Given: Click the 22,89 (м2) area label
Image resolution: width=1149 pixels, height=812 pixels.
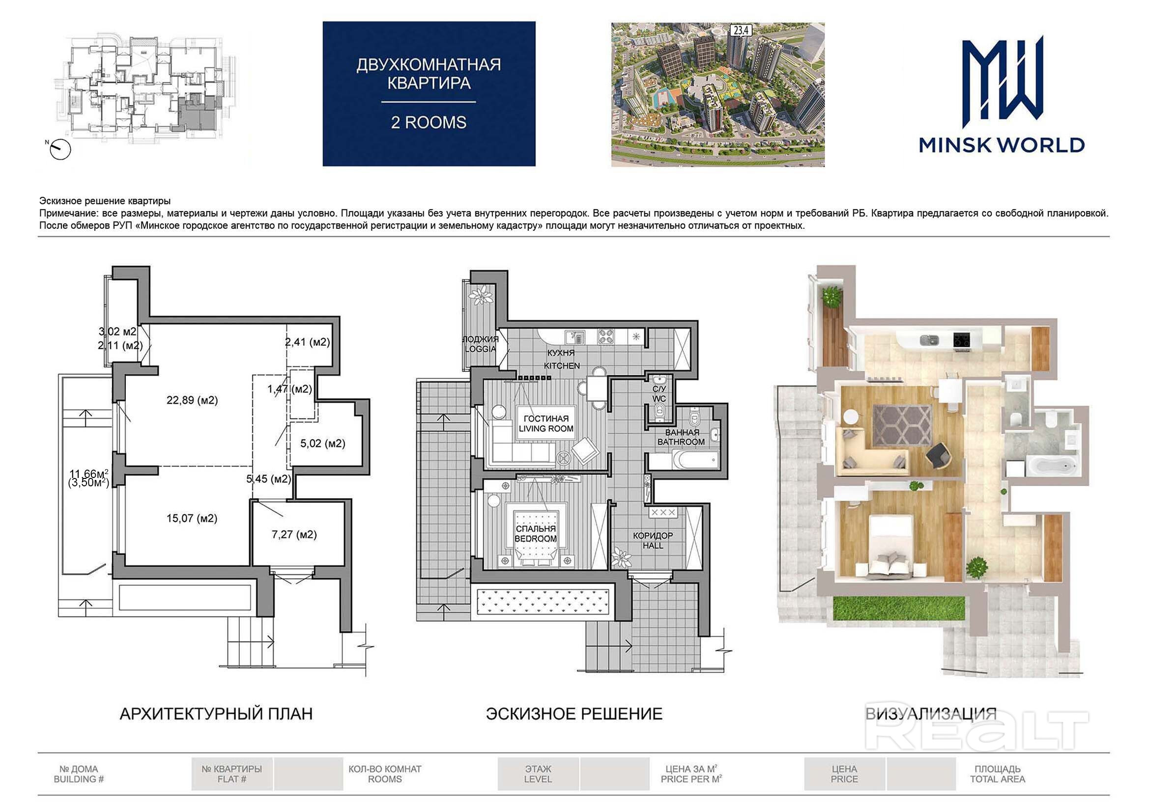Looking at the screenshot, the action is point(192,400).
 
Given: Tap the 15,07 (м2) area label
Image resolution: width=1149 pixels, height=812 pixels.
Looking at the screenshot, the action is point(192,518).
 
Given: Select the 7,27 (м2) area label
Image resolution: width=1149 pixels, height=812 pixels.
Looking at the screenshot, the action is point(294,534).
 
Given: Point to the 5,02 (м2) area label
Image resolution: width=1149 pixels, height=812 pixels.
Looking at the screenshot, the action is point(323,443).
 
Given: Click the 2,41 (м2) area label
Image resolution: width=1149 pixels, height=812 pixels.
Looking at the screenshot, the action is point(307,342).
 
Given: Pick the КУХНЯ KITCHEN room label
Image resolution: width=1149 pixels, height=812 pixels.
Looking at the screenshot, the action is point(562,359).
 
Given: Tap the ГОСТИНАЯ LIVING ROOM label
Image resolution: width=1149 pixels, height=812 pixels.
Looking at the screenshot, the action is point(546,424).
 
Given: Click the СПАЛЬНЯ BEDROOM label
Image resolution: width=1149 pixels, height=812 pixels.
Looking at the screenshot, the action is point(536,533).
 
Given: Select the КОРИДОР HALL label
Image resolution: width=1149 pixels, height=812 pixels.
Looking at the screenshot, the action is point(653,540).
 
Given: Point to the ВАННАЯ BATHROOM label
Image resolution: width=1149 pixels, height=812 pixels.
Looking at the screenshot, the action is point(681,437).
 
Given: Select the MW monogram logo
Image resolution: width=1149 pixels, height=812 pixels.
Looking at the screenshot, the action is point(1002,82).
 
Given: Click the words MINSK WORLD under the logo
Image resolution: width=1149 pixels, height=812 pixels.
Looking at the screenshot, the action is point(1002,145).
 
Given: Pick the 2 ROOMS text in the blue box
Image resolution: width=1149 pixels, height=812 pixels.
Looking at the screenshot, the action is point(429,123).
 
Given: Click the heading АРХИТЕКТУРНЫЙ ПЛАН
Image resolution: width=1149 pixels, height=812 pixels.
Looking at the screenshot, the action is point(216,713).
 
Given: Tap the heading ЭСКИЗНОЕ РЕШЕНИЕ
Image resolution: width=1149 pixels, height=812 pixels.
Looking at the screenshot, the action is point(574,713).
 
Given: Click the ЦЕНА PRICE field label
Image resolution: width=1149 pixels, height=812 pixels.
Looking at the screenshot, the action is point(844,774).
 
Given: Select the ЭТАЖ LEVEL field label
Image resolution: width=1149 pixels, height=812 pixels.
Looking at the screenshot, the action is point(538,774).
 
